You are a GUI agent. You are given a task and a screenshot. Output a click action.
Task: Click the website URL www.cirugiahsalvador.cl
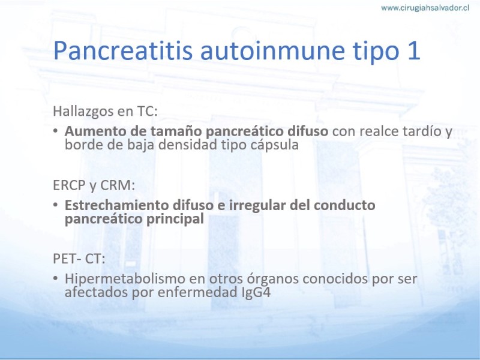tap(425, 8)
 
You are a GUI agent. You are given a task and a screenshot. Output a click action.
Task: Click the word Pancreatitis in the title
tap(123, 50)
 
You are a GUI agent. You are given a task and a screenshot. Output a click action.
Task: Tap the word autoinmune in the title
tap(272, 50)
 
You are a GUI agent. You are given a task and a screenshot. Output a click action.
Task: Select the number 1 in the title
tap(413, 50)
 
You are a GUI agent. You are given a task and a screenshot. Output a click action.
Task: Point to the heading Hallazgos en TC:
tap(106, 111)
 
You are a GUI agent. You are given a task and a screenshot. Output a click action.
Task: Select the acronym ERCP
tap(69, 185)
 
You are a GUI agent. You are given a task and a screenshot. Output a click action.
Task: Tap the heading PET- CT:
tap(79, 259)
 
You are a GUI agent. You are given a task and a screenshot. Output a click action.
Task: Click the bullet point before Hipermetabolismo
tap(55, 278)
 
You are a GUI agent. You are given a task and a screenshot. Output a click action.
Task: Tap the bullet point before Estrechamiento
tap(55, 205)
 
